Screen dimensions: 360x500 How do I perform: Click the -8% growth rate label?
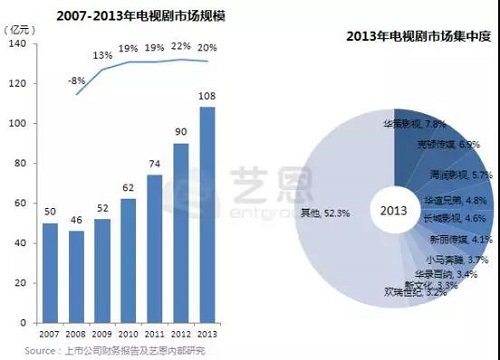(x=73, y=80)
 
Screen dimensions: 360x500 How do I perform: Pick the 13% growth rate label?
(x=102, y=56)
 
